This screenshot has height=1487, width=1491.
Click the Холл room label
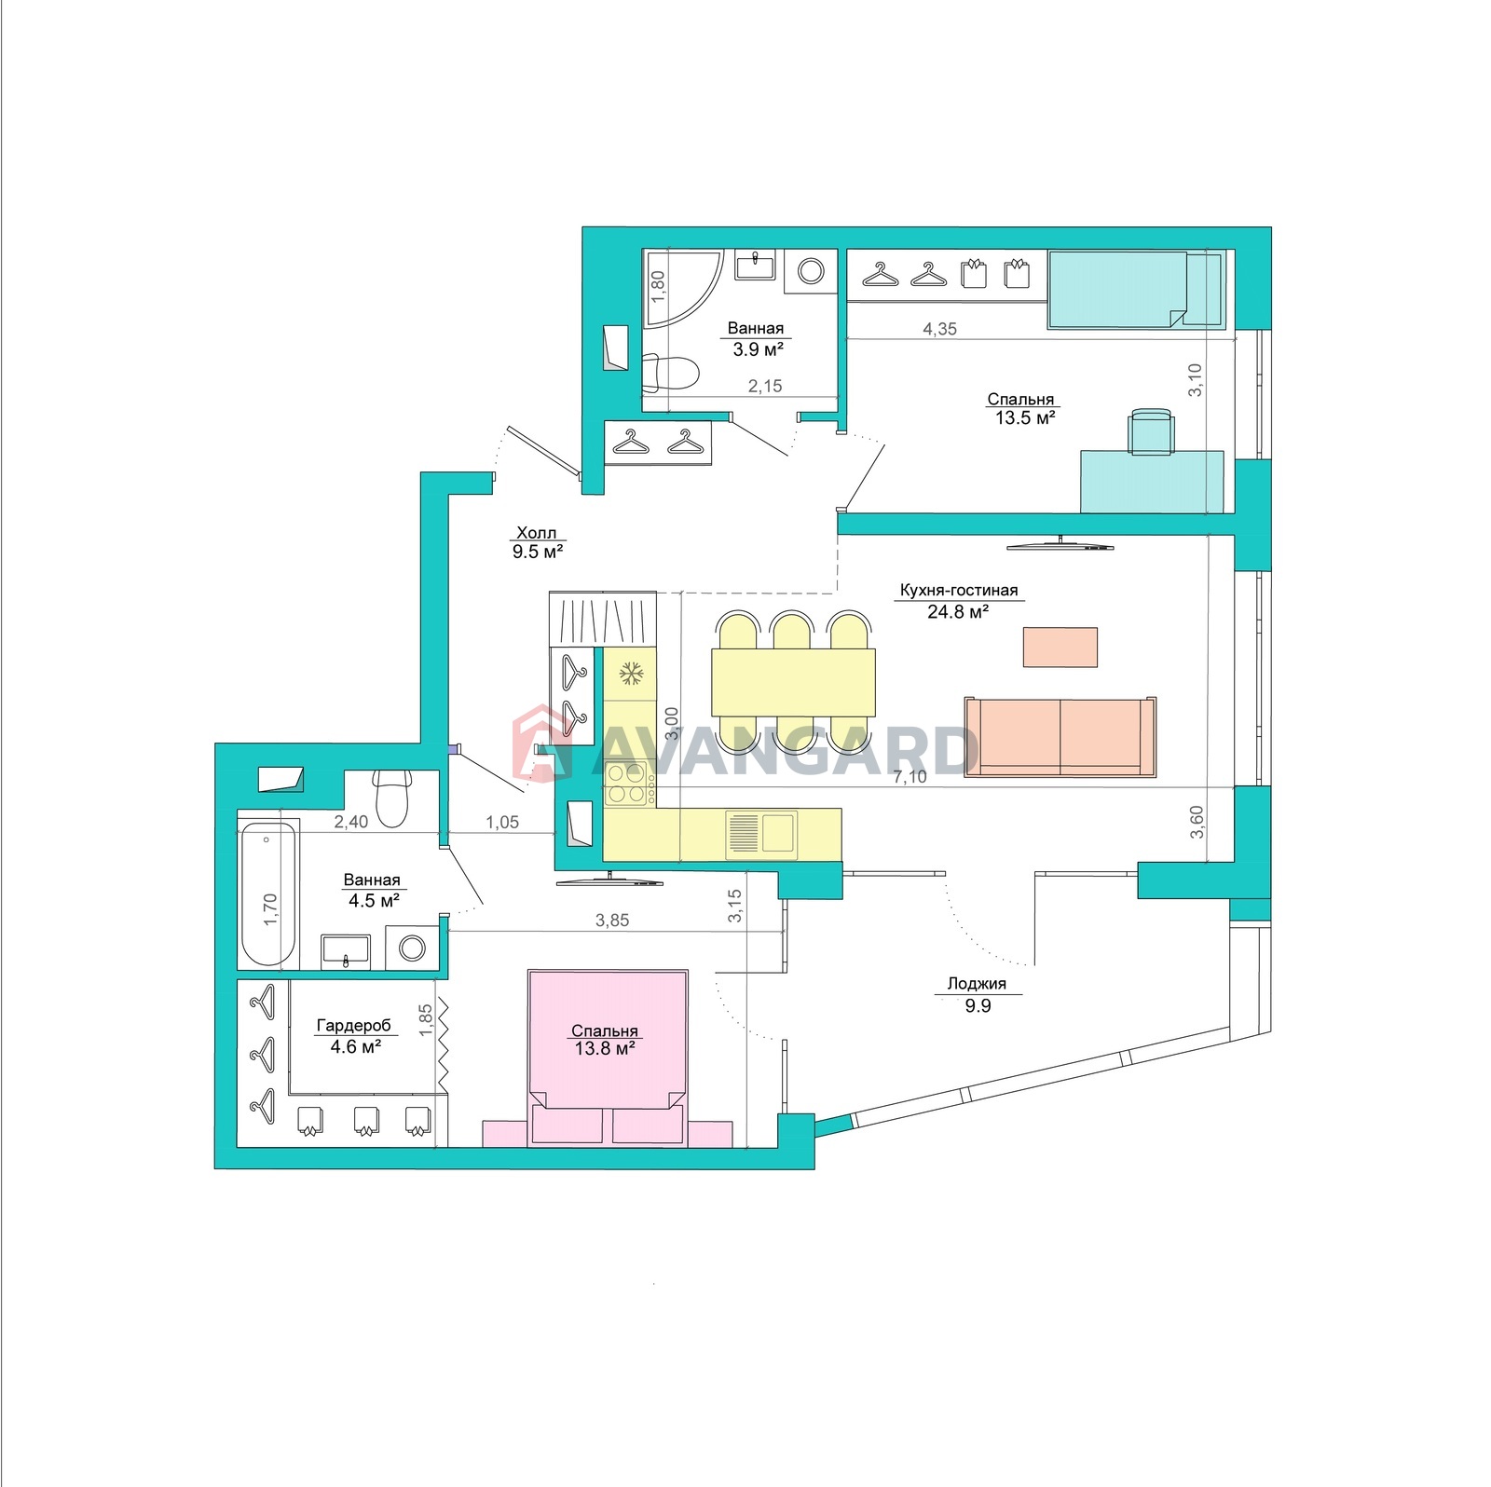[x=537, y=533]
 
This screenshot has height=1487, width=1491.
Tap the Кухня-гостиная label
[x=958, y=590]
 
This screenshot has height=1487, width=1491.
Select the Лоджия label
[x=977, y=984]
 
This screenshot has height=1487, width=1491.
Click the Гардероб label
[x=354, y=1026]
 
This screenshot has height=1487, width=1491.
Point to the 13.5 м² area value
[x=1025, y=418]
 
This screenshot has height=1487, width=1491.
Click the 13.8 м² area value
[x=605, y=1049]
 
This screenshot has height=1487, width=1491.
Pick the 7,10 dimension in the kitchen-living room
[x=910, y=777]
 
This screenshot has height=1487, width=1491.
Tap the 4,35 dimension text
[x=939, y=329]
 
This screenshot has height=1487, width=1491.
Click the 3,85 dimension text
[x=612, y=921]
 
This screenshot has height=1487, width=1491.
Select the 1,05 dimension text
[x=502, y=823]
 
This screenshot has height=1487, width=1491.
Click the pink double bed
[x=608, y=1057]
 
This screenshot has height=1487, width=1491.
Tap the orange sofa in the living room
[x=1060, y=736]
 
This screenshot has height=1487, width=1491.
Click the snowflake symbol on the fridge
[x=631, y=673]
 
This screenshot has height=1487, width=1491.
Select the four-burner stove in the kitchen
[x=626, y=783]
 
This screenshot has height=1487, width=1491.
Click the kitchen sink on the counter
[x=762, y=832]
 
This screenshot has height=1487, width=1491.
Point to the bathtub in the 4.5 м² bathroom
[x=268, y=894]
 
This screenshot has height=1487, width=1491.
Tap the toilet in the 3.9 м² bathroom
[x=671, y=375]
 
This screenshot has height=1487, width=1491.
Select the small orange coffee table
[x=1060, y=647]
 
